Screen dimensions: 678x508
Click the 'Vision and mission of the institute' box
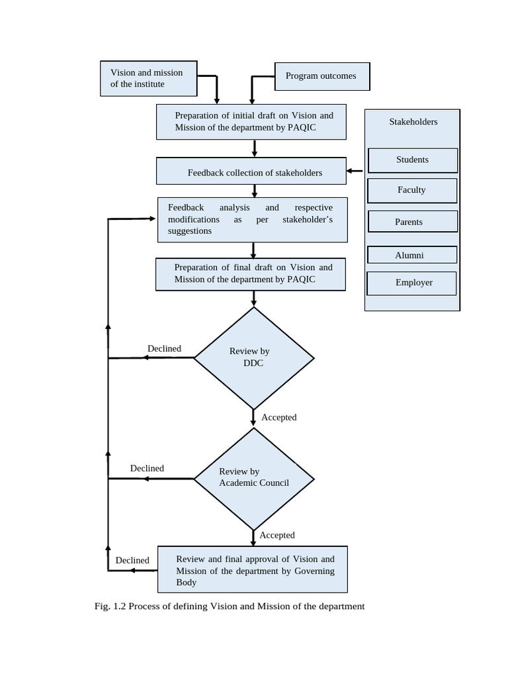click(x=149, y=79)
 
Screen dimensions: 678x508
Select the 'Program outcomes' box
click(x=321, y=76)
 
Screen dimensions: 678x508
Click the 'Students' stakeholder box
click(x=412, y=160)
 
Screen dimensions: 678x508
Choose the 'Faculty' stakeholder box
click(x=412, y=191)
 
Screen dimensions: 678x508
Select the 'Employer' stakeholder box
click(x=412, y=283)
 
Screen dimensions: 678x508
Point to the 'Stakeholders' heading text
click(x=413, y=122)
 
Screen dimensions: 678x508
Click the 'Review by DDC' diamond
click(x=253, y=358)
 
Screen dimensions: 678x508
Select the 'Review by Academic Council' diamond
click(x=253, y=479)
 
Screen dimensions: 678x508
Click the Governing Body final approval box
click(x=253, y=569)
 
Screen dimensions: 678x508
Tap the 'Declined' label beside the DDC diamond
click(x=164, y=349)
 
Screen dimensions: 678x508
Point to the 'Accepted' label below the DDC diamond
click(x=278, y=417)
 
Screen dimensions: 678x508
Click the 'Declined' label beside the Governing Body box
click(x=132, y=560)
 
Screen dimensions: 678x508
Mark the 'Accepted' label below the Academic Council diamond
click(x=277, y=535)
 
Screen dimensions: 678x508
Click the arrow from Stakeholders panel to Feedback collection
click(x=355, y=171)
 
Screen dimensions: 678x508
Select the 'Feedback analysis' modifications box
click(x=252, y=219)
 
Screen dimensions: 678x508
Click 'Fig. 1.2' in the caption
click(x=110, y=606)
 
